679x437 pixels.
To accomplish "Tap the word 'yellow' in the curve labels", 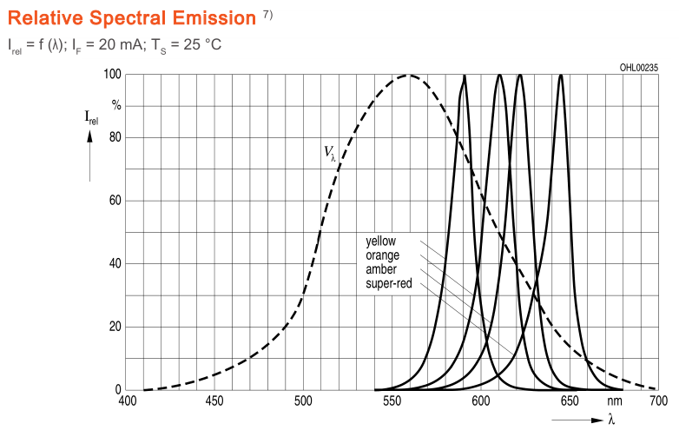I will coord(381,241).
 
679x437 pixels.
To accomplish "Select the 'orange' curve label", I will coord(382,255).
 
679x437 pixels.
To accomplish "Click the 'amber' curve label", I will coord(380,269).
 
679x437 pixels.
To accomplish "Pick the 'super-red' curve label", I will coord(388,283).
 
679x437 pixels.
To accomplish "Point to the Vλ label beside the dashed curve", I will coord(330,153).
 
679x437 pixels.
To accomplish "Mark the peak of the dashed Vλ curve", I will coord(409,76).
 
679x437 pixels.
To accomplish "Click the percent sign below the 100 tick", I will coord(116,106).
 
